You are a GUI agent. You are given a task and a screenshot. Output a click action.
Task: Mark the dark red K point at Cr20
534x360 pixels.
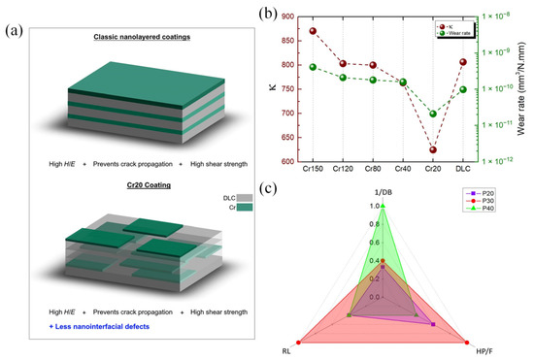[433, 149]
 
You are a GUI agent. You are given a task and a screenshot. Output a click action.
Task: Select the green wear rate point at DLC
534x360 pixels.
[463, 89]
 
